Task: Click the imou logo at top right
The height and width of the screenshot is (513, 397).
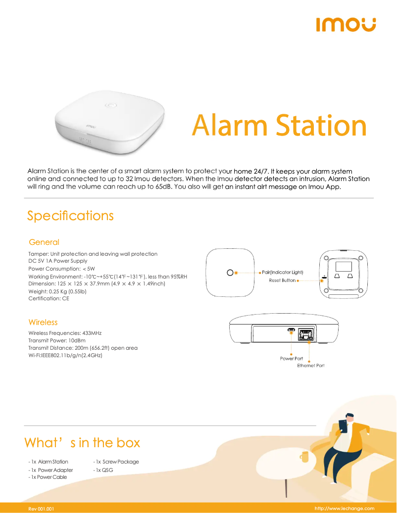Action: tap(346, 24)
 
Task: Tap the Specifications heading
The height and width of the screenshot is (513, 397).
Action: tap(70, 216)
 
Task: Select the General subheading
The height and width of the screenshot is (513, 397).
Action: tap(44, 242)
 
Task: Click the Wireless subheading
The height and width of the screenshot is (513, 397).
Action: tap(43, 322)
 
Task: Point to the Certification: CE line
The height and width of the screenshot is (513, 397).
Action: tap(49, 299)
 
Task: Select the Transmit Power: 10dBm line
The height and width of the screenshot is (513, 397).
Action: tap(57, 340)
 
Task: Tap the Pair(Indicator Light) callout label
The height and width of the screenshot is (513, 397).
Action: tap(282, 273)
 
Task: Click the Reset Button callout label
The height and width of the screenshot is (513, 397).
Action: tap(282, 280)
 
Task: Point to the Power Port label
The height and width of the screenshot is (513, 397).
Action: tap(292, 359)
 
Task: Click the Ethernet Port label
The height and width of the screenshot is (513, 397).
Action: tap(311, 366)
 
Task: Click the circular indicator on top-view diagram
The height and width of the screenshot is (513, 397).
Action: tap(230, 273)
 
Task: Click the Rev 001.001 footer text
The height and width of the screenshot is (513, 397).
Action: tap(41, 509)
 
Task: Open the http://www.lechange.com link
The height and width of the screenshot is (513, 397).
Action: tap(345, 509)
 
